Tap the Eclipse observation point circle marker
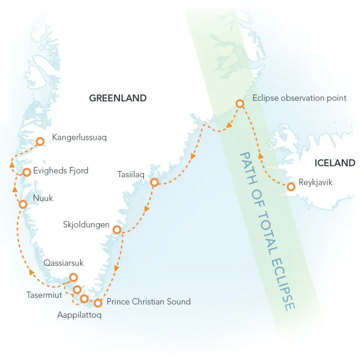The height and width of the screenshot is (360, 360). [240, 104]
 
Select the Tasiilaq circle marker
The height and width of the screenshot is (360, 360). [154, 182]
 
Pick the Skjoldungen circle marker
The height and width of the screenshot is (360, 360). [117, 230]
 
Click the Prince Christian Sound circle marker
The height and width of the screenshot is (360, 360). [98, 303]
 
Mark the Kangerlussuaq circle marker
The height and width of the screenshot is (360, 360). [40, 141]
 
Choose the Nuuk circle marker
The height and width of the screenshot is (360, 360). [23, 204]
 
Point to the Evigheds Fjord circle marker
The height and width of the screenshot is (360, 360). [27, 172]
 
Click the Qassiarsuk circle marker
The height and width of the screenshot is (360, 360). [73, 278]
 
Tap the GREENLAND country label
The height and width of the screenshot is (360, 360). [117, 98]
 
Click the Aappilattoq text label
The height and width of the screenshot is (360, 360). [79, 315]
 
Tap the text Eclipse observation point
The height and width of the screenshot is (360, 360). [300, 98]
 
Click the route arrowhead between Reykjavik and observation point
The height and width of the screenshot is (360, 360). [261, 156]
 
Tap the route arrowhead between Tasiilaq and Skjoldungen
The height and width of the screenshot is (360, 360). [147, 209]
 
